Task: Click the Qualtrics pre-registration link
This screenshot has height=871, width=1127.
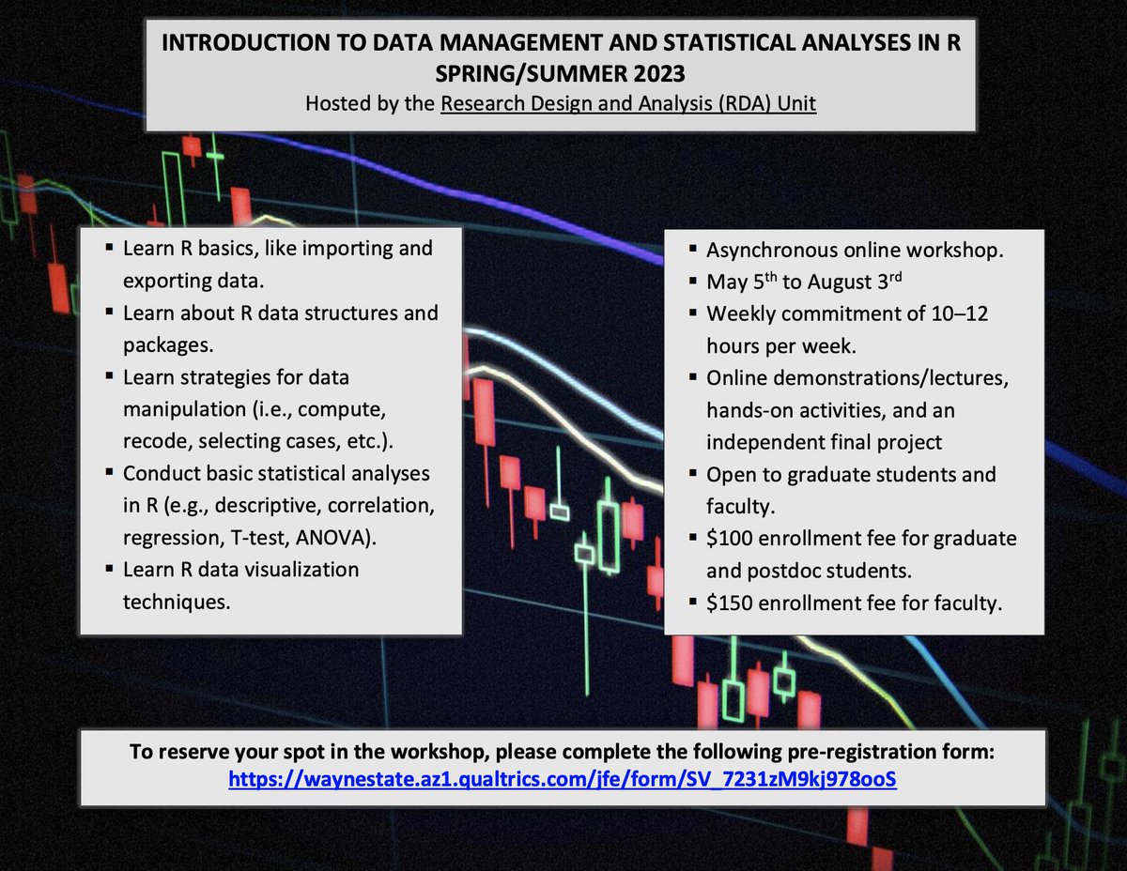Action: [563, 779]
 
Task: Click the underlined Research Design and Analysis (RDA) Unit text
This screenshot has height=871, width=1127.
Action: [629, 103]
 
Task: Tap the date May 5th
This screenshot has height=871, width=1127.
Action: [743, 283]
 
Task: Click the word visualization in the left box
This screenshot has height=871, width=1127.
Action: [301, 570]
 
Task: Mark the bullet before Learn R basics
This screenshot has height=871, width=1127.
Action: [110, 249]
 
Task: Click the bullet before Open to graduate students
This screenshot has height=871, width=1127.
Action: [692, 475]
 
